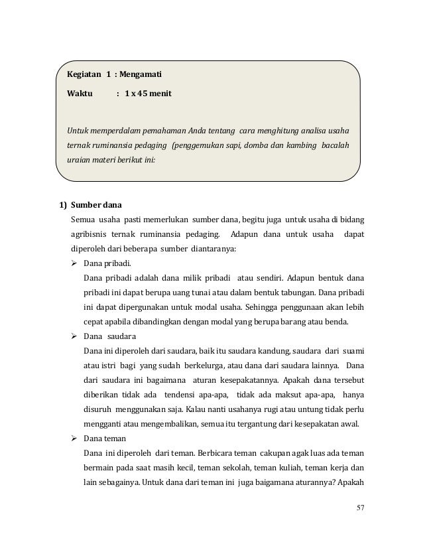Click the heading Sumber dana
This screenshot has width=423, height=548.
pos(96,204)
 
